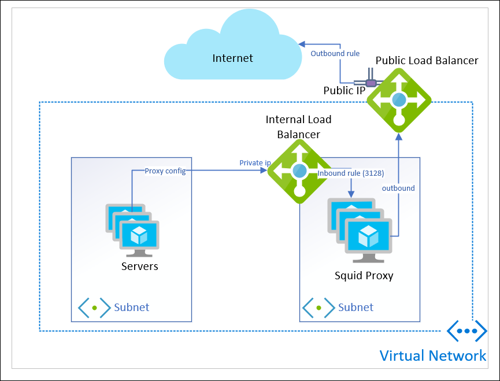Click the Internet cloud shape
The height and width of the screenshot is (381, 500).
(233, 48)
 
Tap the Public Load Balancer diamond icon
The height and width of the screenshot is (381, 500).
(399, 101)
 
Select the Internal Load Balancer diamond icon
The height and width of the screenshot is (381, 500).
(299, 171)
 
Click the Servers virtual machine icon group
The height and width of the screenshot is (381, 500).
(132, 230)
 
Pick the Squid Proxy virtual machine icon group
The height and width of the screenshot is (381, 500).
(360, 230)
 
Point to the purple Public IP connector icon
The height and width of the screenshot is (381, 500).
(370, 82)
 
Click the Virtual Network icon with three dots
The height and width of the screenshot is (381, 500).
(467, 331)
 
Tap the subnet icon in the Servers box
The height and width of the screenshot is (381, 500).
(94, 308)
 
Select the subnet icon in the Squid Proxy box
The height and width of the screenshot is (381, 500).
(318, 308)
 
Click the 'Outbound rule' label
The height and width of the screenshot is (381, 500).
(335, 54)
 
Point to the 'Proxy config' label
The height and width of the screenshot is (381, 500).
(165, 171)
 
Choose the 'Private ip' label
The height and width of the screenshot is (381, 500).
(255, 163)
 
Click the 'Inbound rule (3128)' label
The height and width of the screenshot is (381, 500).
(351, 173)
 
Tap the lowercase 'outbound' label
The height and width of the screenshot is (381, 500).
(398, 188)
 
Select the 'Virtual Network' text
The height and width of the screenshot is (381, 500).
(433, 356)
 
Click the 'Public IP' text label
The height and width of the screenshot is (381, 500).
(345, 91)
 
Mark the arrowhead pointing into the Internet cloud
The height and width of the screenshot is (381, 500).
(302, 45)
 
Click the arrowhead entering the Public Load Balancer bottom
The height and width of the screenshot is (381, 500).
(399, 137)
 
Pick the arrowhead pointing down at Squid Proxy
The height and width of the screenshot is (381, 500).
(351, 194)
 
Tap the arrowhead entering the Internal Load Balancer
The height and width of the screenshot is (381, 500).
(264, 170)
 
